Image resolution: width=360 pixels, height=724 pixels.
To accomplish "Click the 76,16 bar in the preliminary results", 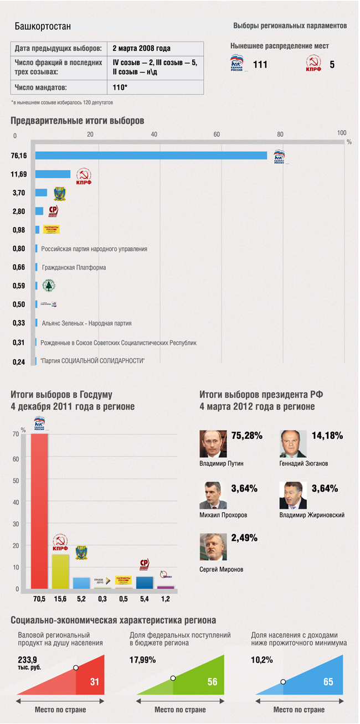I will point(151,156).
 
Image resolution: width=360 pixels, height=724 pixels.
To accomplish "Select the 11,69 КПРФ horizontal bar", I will point(53,174).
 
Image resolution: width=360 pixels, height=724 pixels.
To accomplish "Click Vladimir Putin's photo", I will point(213,443).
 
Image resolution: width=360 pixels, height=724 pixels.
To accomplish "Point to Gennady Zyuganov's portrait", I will point(293,443).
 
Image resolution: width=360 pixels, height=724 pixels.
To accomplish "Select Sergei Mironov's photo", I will point(213,547).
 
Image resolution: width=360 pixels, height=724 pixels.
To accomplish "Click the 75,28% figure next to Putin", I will point(246,436).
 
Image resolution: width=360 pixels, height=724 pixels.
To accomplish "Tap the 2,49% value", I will point(244,537).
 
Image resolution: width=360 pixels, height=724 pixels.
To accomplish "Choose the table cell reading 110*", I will point(120,87).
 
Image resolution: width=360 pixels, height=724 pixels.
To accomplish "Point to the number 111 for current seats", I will point(260,65).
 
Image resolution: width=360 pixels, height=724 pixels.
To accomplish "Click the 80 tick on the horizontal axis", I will point(280,135).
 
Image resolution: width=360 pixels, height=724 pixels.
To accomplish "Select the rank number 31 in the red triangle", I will point(94,682).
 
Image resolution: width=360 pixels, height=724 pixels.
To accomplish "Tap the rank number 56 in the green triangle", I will point(212,682).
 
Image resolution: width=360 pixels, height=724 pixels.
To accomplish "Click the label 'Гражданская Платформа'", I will point(74,267).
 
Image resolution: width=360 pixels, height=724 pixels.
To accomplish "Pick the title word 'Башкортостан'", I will point(43,27).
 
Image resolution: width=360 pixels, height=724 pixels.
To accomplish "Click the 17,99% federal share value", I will point(142,660).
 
